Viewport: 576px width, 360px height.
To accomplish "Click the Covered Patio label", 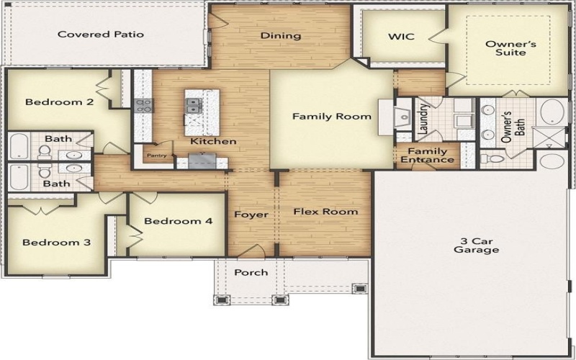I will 101,34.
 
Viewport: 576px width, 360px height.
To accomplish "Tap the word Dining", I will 280,35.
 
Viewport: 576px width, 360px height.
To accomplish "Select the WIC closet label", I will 401,36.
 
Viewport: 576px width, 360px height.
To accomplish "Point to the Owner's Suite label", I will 505,48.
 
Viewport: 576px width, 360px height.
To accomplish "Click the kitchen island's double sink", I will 194,106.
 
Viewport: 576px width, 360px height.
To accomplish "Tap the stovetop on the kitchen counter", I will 144,105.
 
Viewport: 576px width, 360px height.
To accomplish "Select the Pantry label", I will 156,155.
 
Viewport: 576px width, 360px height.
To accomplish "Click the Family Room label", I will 331,116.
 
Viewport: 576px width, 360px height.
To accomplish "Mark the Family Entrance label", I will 428,156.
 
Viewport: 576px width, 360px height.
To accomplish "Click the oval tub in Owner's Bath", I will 552,112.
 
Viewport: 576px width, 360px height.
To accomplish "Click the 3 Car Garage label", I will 476,246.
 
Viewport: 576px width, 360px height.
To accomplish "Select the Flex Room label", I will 325,212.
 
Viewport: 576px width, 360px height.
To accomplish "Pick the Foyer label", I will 251,215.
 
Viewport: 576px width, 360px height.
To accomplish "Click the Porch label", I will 251,272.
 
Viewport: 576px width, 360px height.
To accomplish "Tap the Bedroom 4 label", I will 178,221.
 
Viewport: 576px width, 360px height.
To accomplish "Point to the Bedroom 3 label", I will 56,243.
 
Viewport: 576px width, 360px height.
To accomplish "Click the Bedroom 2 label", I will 59,102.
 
